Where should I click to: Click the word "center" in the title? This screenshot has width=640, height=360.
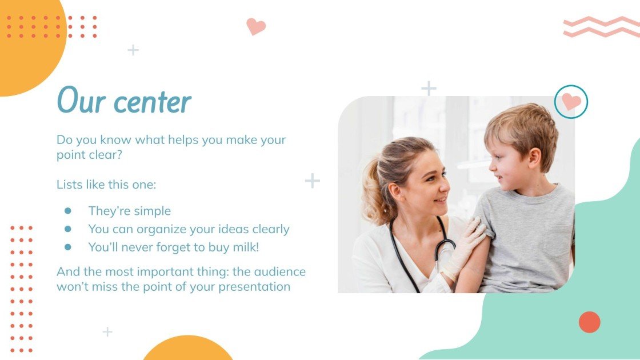(152, 102)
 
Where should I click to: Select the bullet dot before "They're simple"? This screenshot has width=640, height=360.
(68, 211)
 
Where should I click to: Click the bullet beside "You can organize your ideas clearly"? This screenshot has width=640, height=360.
(68, 229)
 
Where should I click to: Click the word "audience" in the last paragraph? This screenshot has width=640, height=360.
(276, 271)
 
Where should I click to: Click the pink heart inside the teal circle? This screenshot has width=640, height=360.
(571, 102)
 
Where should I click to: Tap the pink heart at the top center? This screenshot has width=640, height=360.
(255, 26)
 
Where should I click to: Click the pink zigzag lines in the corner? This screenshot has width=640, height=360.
(601, 26)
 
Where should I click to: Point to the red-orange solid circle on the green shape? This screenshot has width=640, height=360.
(589, 322)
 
